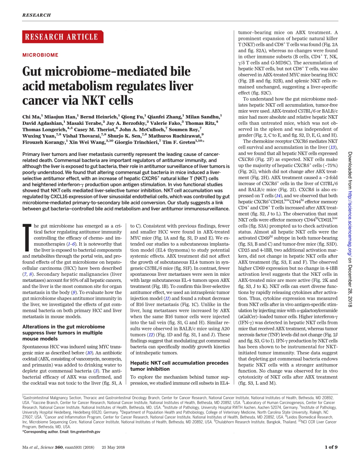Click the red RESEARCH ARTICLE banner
61,37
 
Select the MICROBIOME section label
41,55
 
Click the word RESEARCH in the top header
36,15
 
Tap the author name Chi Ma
31,117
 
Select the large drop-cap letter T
27,238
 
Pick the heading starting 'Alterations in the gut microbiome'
64,333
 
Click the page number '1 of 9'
331,447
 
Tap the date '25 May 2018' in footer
113,447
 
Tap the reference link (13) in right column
333,147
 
